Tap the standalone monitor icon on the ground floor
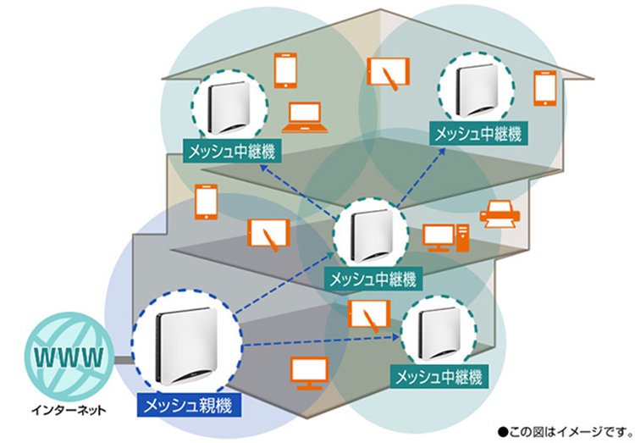[310, 374]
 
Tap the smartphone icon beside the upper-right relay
[544, 88]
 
